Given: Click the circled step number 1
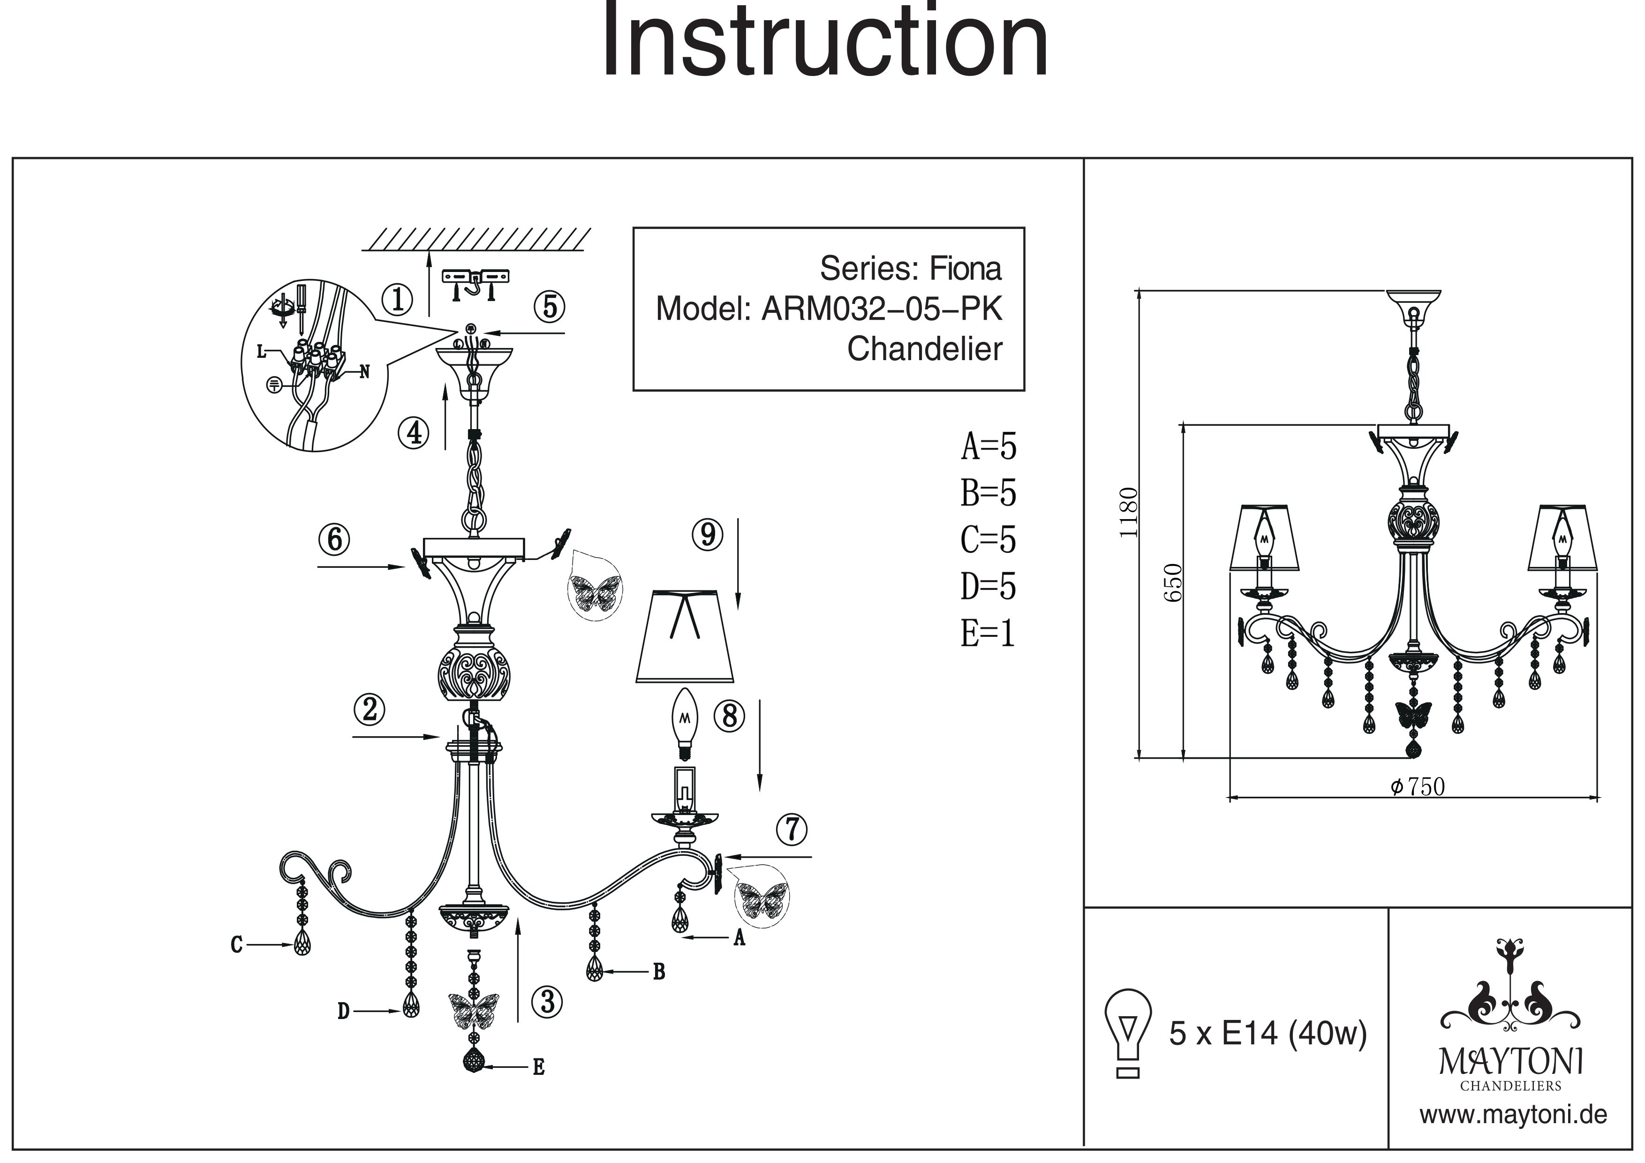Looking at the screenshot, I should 398,300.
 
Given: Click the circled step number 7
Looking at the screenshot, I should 792,830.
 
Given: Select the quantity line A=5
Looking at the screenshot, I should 988,446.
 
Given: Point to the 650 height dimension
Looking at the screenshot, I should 1173,582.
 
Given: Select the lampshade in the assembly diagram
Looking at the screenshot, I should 685,635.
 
